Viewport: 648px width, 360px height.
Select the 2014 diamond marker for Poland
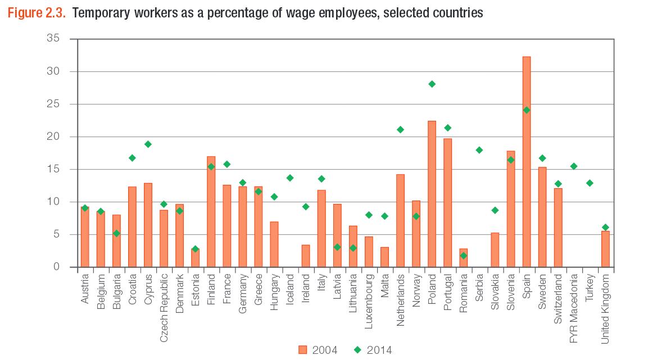point(432,84)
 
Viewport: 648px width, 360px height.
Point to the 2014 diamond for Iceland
point(290,178)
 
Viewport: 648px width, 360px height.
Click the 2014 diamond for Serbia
point(479,150)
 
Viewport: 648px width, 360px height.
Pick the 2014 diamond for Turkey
point(590,183)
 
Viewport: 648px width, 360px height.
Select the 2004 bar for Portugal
point(448,203)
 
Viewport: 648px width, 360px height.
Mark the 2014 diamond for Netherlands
point(400,130)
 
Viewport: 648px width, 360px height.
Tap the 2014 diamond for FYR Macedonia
point(574,166)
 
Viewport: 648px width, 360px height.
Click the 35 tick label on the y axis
point(53,39)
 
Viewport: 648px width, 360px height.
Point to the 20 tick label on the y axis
point(53,136)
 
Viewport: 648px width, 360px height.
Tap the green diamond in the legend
point(357,350)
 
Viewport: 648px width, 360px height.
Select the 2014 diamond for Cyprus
point(148,144)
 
